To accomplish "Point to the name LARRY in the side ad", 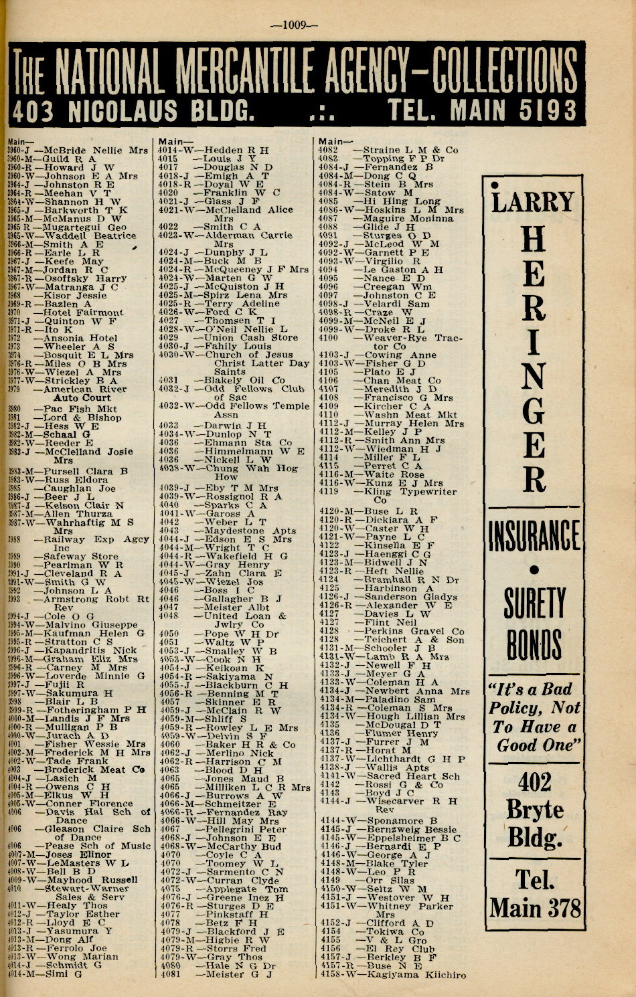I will coord(533,201).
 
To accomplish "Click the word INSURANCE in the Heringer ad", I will coord(534,535).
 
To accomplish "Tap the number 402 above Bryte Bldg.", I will coord(534,782).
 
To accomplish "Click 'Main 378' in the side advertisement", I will coord(534,908).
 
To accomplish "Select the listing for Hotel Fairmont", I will coord(83,312).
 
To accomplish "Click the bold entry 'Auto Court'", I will coord(82,397).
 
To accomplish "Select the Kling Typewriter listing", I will coord(410,491).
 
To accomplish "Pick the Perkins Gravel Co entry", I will coord(413,631).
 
